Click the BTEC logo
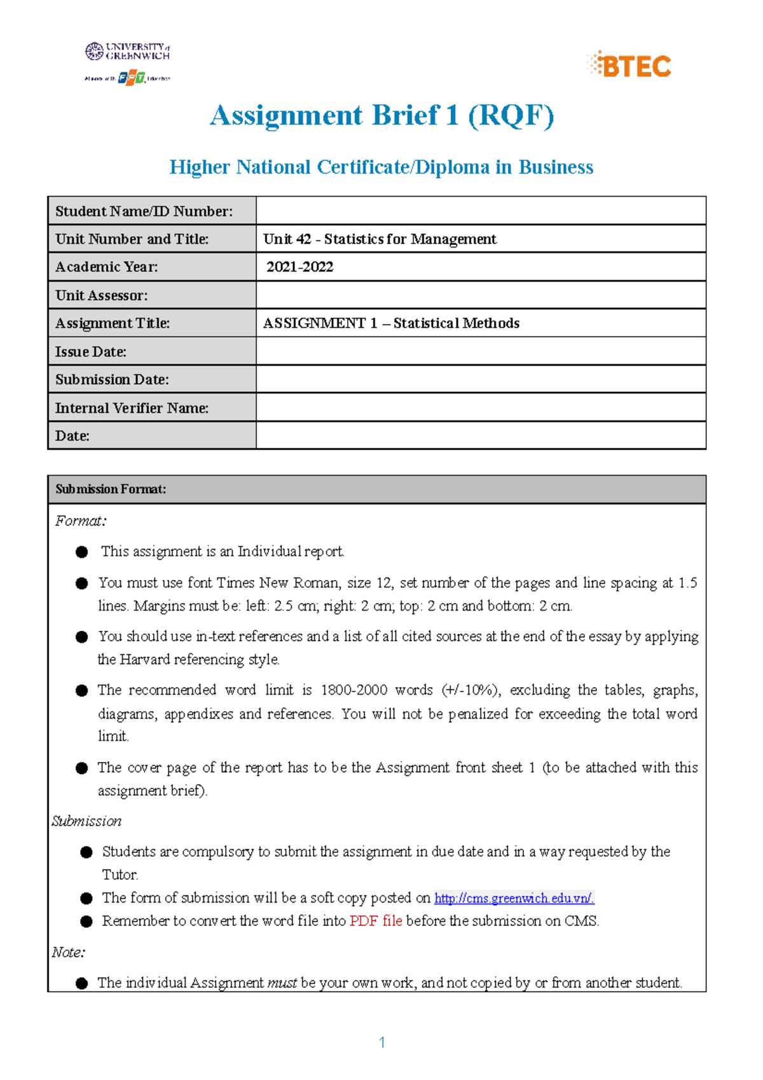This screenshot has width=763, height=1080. [x=629, y=65]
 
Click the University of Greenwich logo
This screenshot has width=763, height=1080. [x=128, y=52]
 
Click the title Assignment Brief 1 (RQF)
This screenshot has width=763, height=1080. [x=381, y=116]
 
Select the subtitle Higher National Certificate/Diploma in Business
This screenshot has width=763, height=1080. [x=381, y=167]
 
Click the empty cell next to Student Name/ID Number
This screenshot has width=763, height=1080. [x=481, y=211]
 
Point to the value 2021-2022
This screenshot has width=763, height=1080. [x=299, y=267]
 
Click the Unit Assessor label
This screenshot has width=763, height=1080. [x=101, y=295]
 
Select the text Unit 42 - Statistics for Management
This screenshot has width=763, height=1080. [x=380, y=239]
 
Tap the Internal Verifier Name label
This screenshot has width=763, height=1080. [x=132, y=408]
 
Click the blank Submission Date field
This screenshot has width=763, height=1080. [x=481, y=379]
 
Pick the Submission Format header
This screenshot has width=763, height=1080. [x=111, y=489]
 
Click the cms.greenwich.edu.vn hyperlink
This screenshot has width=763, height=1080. [x=514, y=898]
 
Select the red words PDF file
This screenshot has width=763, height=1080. [x=375, y=921]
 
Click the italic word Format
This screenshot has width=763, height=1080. [x=80, y=521]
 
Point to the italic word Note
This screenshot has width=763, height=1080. [x=68, y=952]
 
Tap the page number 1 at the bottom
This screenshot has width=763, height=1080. [x=381, y=1042]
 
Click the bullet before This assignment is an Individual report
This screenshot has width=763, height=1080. [x=81, y=552]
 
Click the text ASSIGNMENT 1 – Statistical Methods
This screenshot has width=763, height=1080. [x=391, y=323]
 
